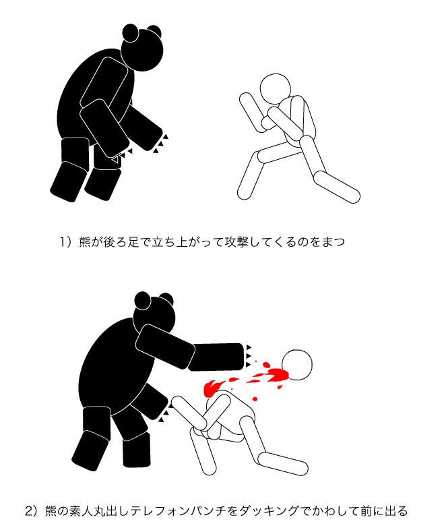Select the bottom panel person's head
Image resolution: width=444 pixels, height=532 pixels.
296,364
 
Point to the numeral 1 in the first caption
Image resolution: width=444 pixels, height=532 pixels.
63,242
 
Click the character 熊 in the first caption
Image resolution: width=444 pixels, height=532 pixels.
85,242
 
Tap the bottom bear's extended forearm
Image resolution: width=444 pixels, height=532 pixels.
216,357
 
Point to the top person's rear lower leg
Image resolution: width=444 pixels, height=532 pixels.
251,175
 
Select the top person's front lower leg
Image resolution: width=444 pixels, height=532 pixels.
337,187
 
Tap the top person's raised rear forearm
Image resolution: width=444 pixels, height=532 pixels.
252,113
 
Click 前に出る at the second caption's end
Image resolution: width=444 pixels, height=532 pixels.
384,510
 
